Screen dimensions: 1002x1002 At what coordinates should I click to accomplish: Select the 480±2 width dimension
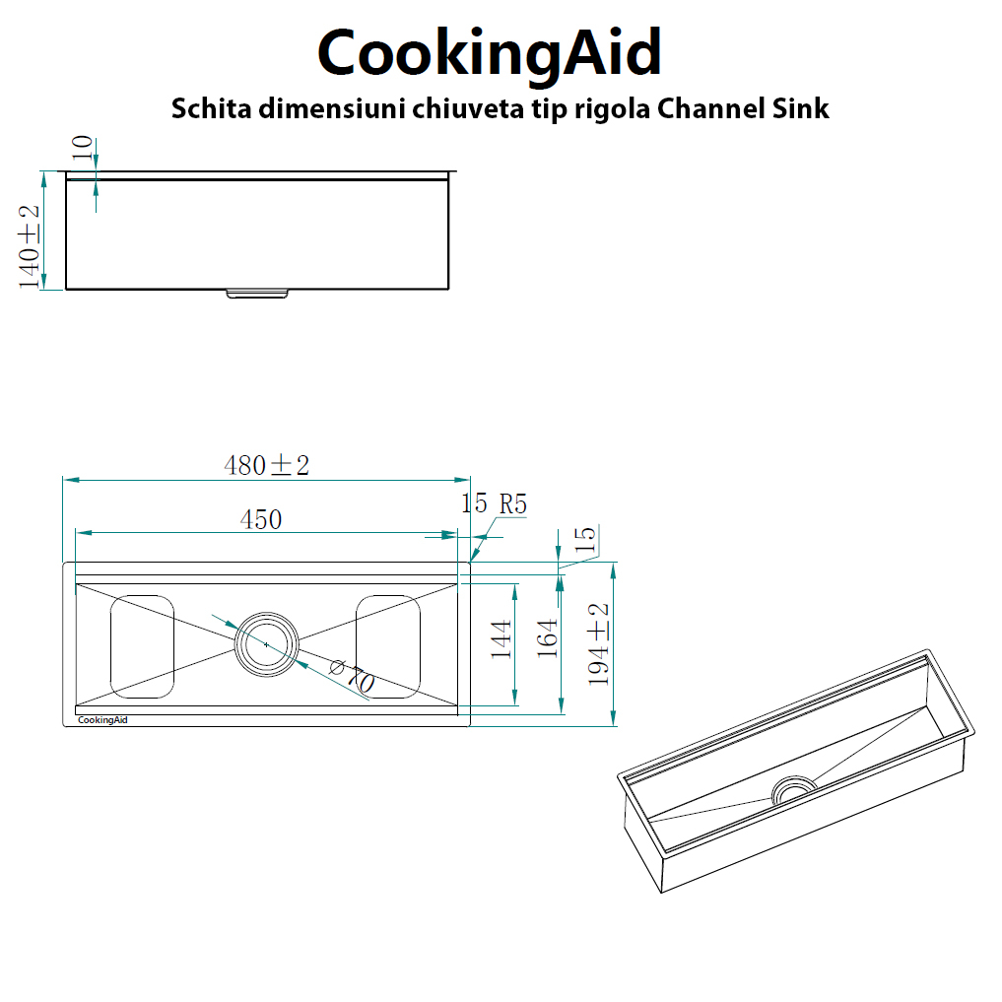click(x=267, y=465)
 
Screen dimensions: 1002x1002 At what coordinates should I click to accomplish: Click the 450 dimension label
click(x=261, y=519)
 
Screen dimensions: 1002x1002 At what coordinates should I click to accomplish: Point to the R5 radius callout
click(x=512, y=504)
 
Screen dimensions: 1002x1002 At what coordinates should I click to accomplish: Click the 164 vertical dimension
click(x=548, y=637)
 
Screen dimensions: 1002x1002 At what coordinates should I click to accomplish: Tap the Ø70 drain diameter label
click(x=351, y=678)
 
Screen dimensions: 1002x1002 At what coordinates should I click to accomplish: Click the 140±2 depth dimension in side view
click(x=31, y=246)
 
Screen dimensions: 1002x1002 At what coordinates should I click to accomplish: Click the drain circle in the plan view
click(x=266, y=643)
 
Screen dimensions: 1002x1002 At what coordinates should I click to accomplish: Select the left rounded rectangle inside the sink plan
click(x=142, y=645)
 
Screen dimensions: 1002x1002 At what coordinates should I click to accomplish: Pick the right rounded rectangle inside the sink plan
click(x=388, y=645)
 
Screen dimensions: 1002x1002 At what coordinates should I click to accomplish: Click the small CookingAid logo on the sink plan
click(x=102, y=719)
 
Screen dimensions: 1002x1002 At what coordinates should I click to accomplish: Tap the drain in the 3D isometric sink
click(x=793, y=789)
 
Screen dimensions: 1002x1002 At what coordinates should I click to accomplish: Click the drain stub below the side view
click(x=257, y=293)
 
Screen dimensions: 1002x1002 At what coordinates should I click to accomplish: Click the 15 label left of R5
click(x=474, y=504)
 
